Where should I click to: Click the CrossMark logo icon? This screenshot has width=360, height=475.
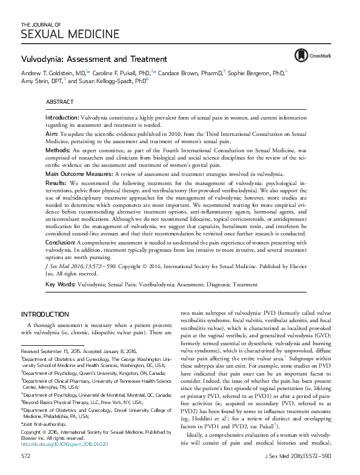(x=299, y=55)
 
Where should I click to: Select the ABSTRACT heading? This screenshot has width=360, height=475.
(x=60, y=101)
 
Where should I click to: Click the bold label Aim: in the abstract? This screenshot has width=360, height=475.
(x=52, y=132)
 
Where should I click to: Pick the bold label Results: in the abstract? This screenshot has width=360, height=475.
(x=58, y=182)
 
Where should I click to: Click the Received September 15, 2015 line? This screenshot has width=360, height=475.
(x=79, y=351)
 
